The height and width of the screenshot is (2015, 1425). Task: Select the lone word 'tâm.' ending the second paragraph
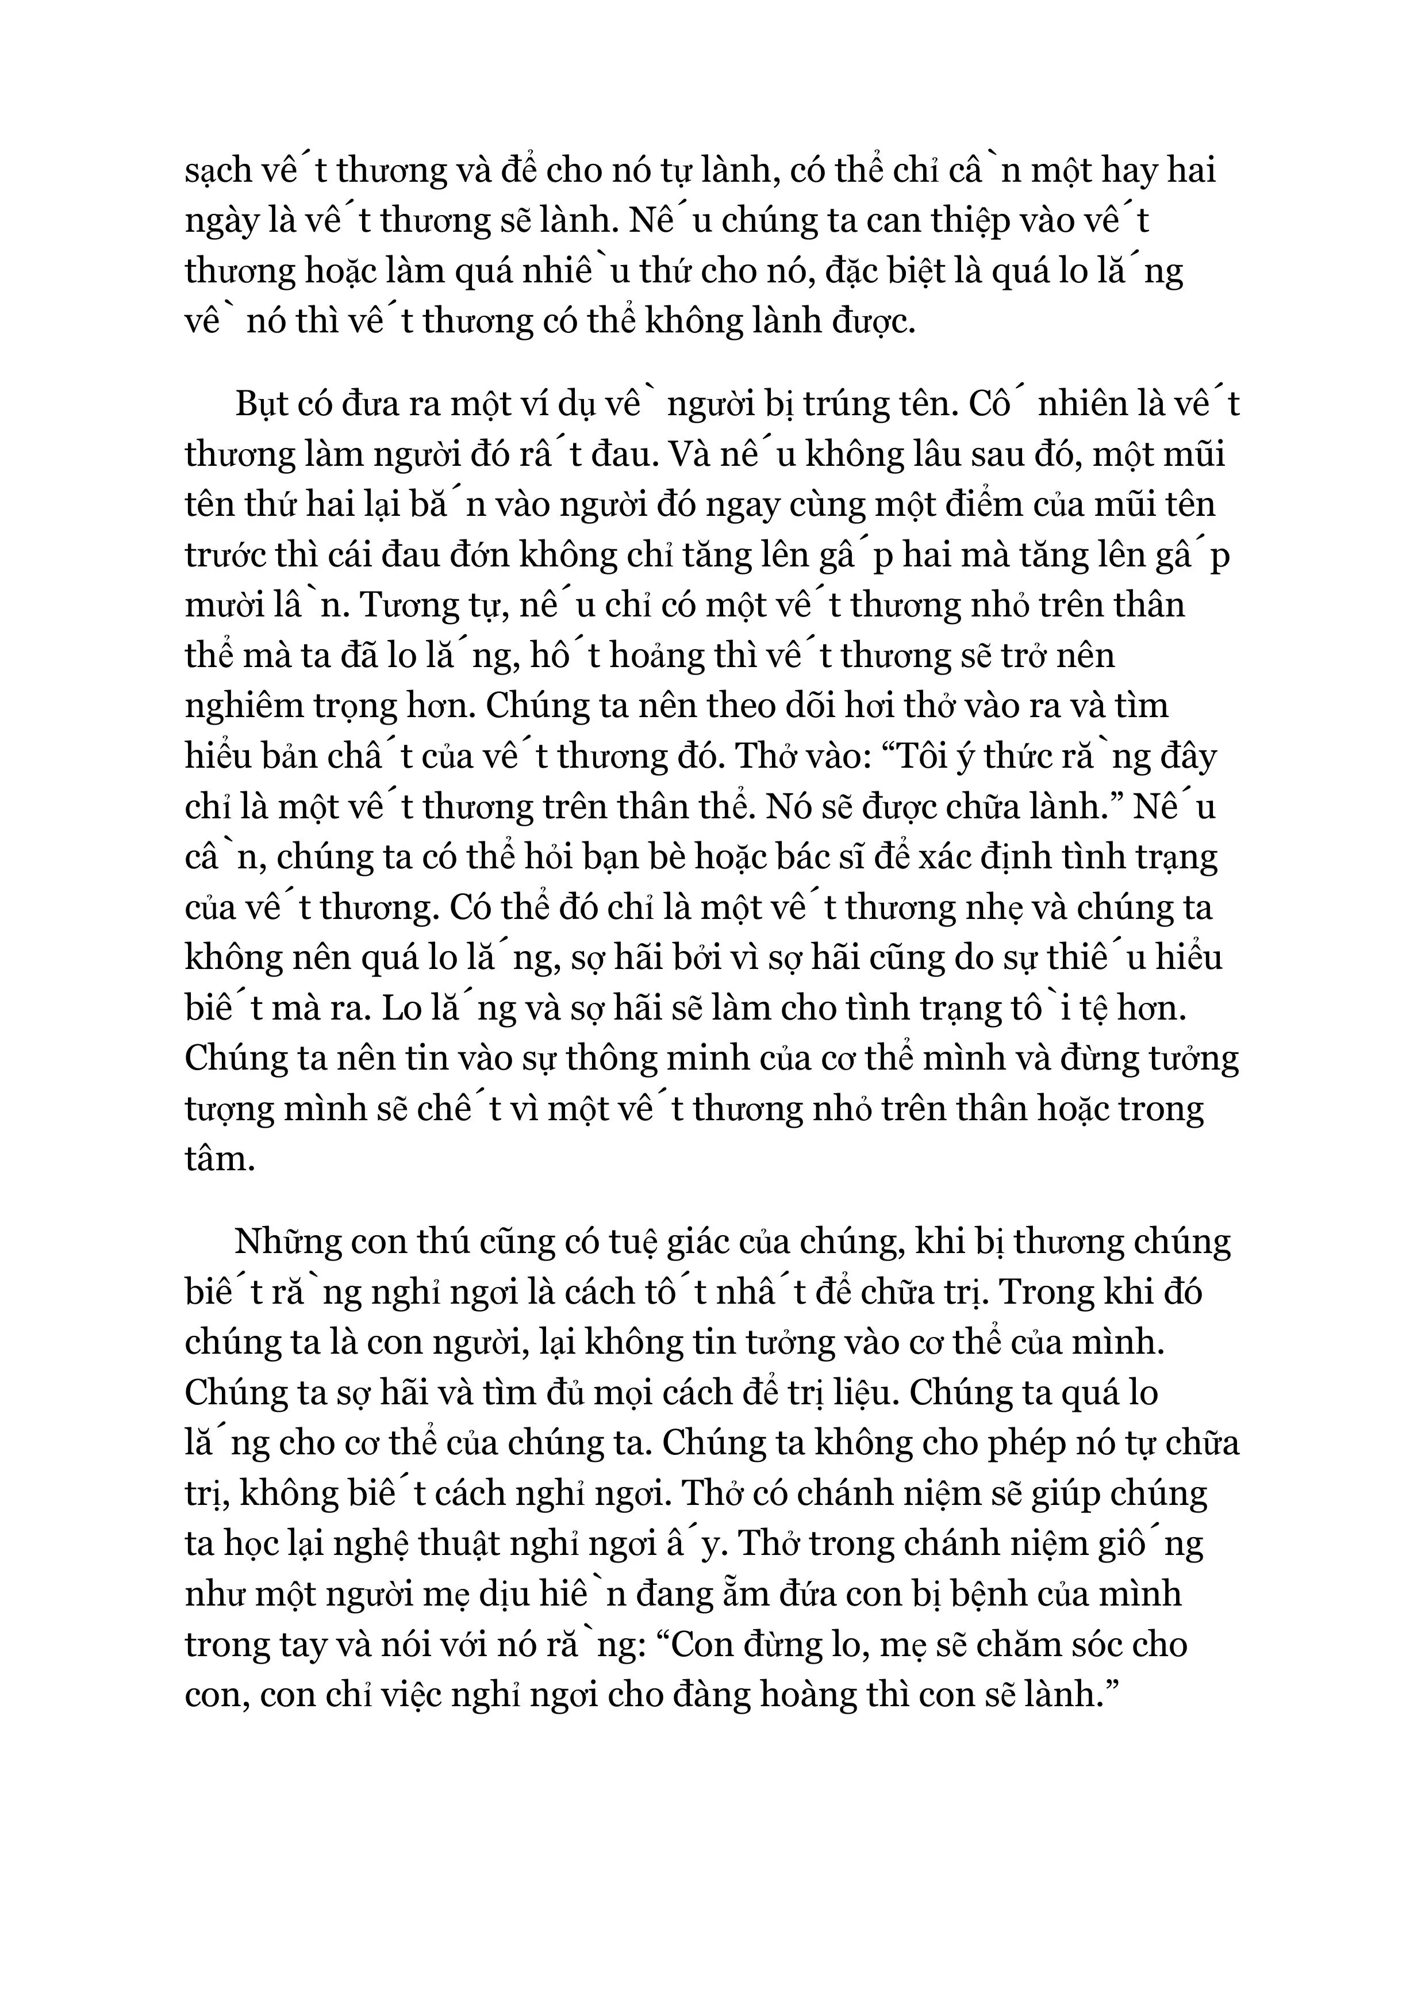pyautogui.click(x=220, y=1160)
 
